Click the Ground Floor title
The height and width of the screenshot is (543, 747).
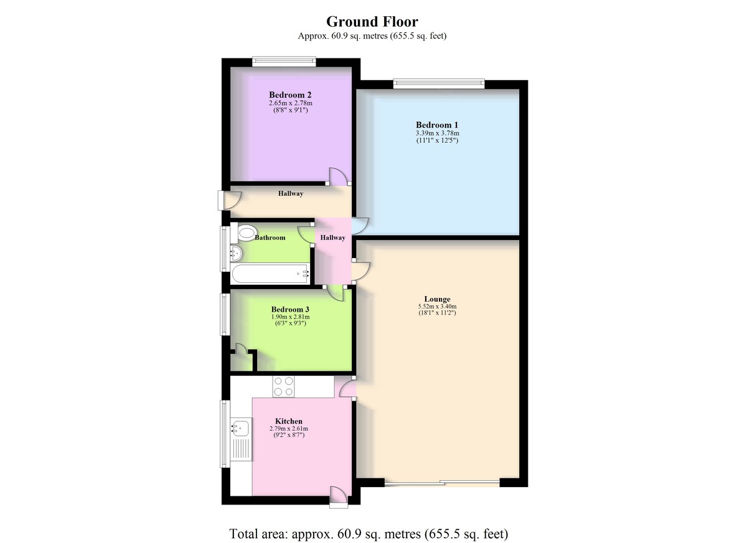tap(372, 22)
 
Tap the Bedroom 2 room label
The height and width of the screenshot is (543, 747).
tap(290, 95)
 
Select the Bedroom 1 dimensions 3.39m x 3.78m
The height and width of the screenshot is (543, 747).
tap(437, 133)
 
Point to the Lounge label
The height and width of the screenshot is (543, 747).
tap(437, 299)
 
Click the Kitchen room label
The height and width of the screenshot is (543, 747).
tap(289, 421)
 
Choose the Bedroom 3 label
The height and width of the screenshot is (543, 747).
tap(290, 310)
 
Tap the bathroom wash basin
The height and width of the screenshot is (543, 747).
tap(236, 254)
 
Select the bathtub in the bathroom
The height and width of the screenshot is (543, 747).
tap(270, 274)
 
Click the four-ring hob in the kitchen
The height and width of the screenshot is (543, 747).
tap(283, 386)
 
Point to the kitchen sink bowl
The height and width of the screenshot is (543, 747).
tap(240, 428)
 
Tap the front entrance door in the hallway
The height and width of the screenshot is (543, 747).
tap(229, 200)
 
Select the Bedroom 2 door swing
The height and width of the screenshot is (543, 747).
tap(339, 177)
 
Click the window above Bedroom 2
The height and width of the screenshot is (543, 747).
tap(284, 60)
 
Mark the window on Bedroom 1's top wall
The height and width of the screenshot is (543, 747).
tap(439, 83)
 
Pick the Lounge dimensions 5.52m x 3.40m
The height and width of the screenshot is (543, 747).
tap(437, 307)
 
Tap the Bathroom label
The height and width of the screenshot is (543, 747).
tap(270, 238)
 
